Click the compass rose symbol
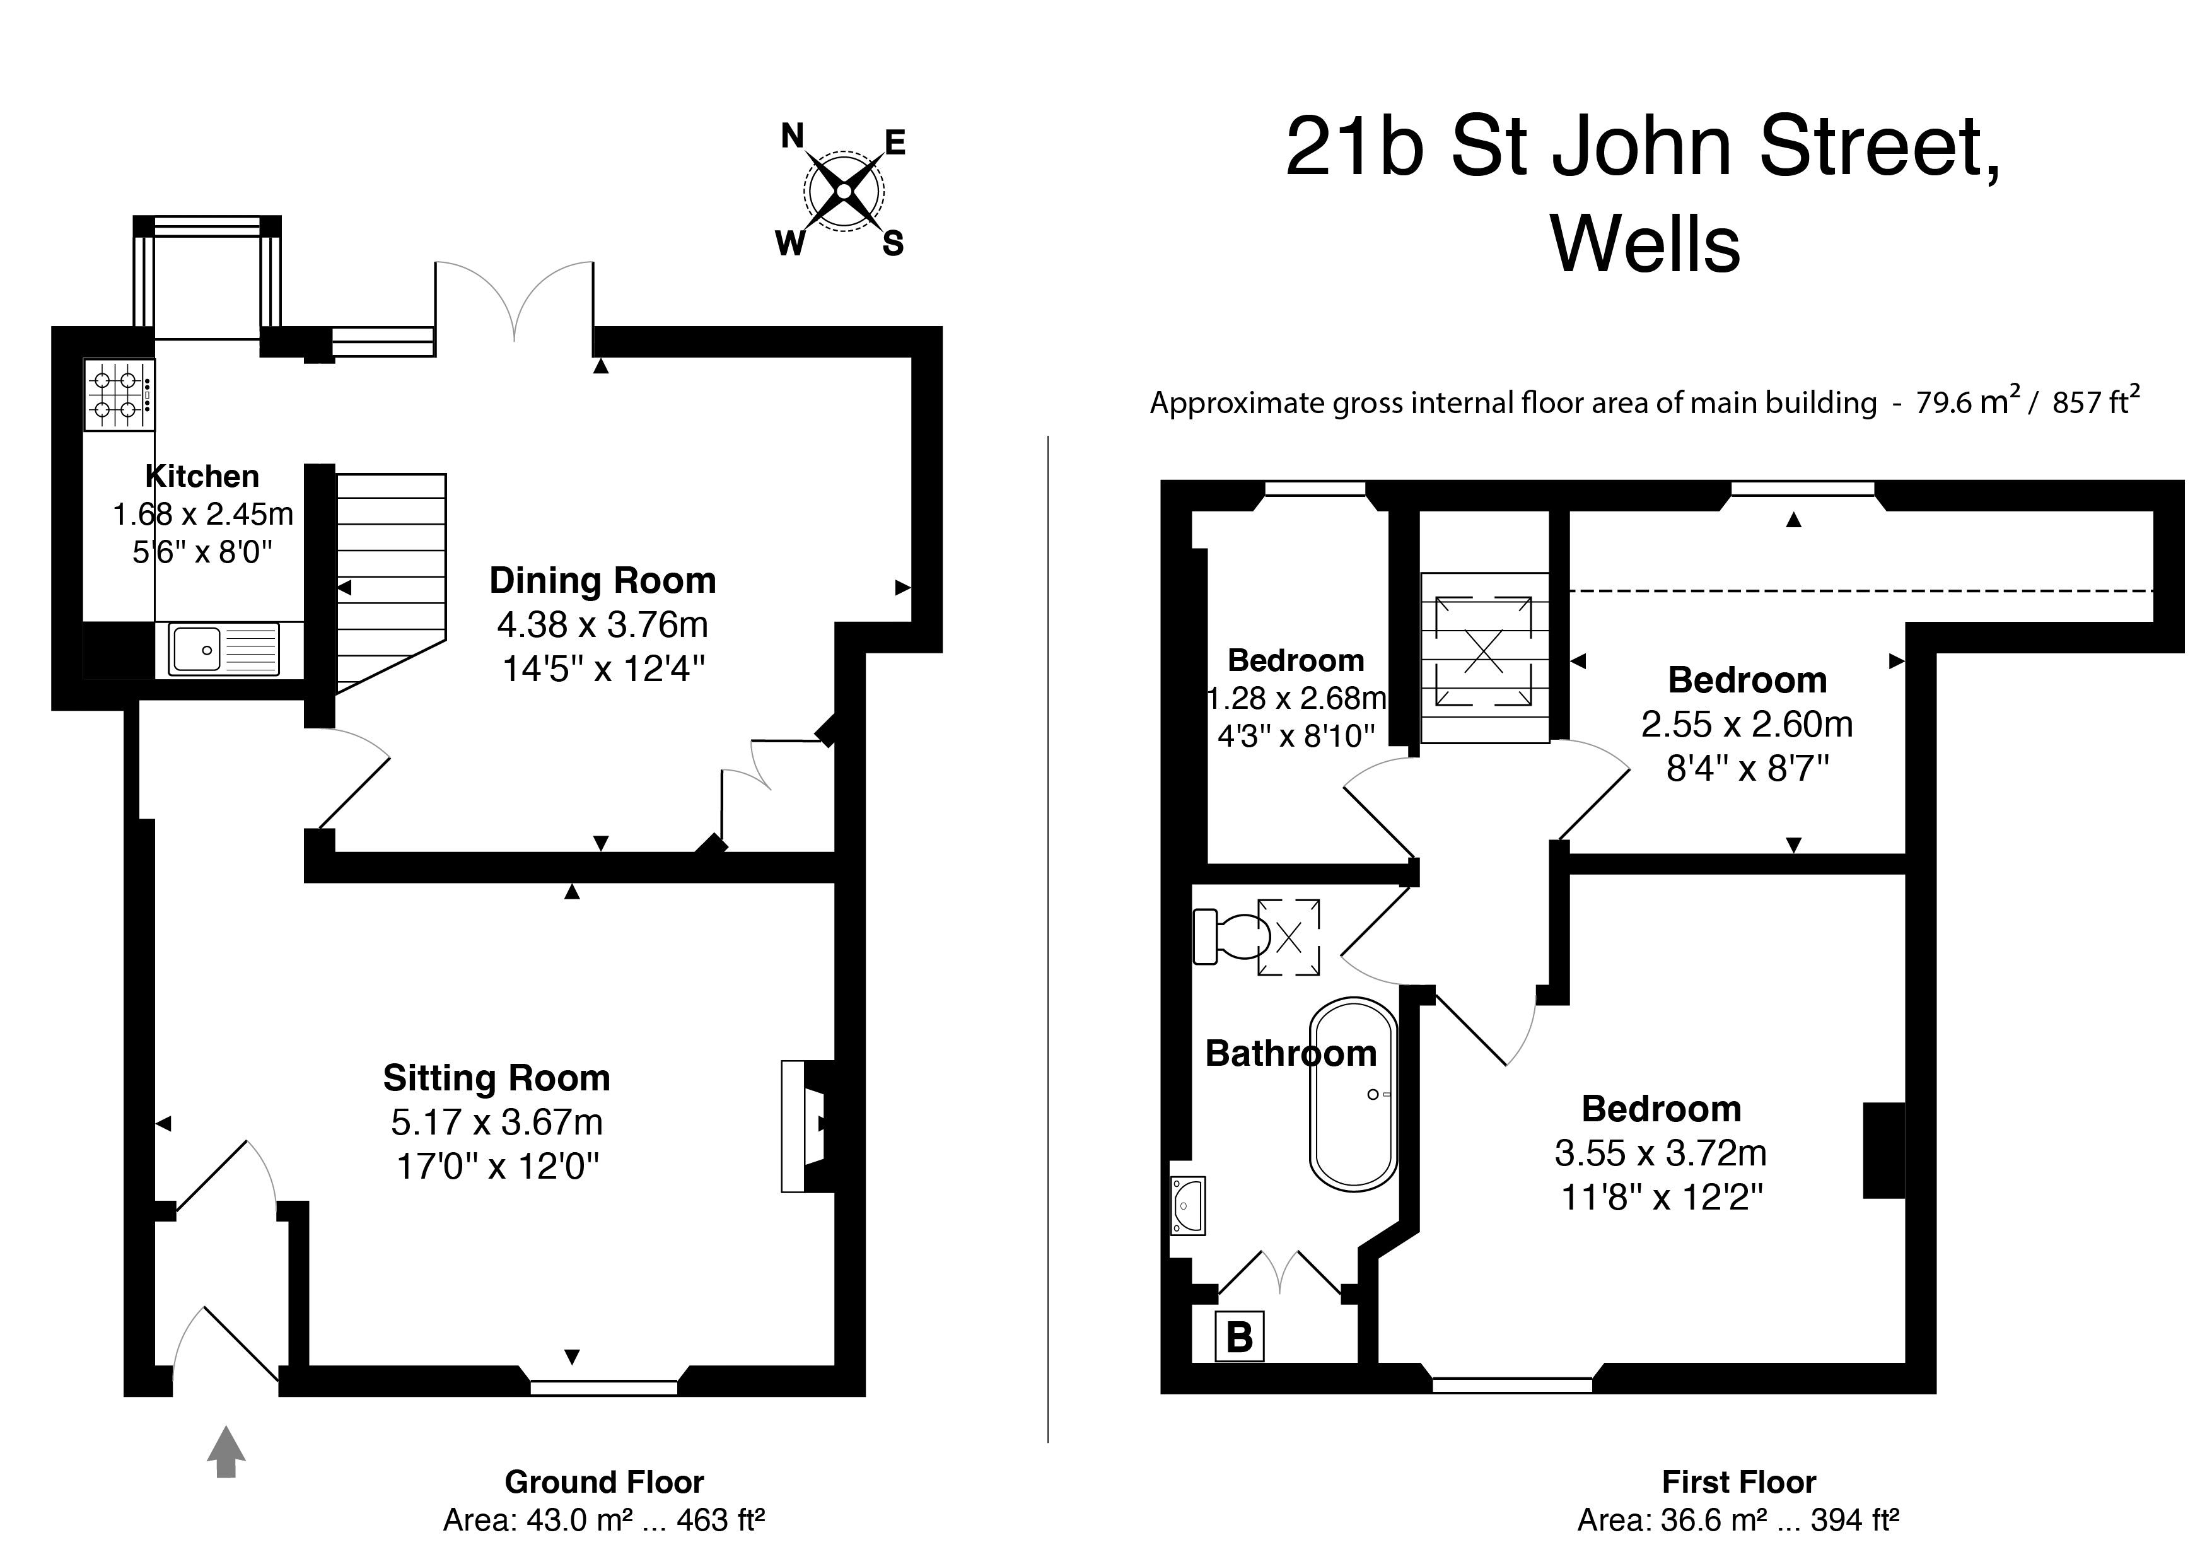tap(844, 191)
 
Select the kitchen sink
tap(223, 648)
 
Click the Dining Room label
tap(603, 580)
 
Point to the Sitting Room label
tap(497, 1077)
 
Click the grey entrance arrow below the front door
tap(226, 1452)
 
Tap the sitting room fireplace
tap(807, 1126)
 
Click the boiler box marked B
tap(1239, 1336)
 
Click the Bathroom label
tap(1291, 1053)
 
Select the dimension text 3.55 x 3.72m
tap(1661, 1153)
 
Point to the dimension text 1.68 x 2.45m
tap(203, 515)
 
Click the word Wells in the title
tap(1646, 245)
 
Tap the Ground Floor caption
tap(604, 1481)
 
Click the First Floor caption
tap(1739, 1481)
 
